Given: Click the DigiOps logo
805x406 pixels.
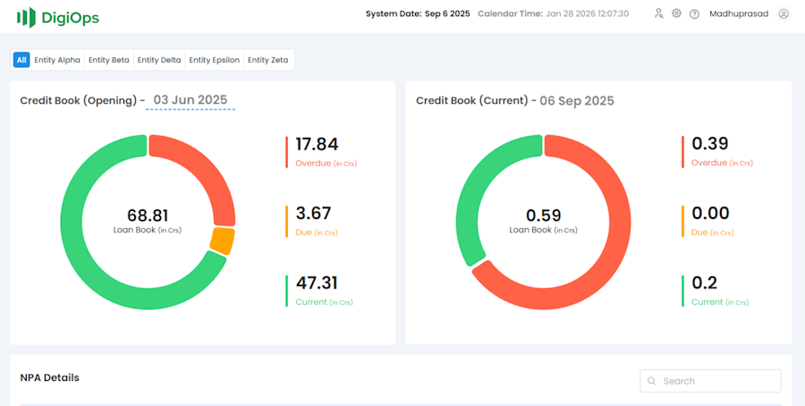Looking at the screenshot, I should tap(58, 17).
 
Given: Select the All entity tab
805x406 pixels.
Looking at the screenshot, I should tap(21, 60).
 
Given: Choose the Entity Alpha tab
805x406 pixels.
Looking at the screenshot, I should tap(57, 60).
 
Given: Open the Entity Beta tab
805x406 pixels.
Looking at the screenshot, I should tap(109, 60).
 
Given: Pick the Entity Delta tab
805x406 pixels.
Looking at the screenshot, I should tap(159, 60).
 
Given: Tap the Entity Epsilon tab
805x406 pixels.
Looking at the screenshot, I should tap(215, 60).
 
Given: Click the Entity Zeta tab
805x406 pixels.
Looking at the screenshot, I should tap(268, 60).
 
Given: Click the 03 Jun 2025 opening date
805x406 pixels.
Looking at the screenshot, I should tap(191, 100).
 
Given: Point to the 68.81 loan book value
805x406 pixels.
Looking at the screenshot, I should tap(148, 216).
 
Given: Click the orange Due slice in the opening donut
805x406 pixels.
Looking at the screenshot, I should tap(223, 241).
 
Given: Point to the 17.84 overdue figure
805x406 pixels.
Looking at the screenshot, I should tap(317, 144).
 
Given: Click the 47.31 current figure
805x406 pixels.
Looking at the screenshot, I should tap(317, 283).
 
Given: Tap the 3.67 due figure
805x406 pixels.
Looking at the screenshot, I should tap(313, 213).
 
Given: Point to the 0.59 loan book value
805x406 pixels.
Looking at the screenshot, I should tap(543, 216).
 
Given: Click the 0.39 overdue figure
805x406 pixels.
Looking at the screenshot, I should tap(710, 144).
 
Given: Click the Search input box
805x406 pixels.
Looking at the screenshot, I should tap(710, 381).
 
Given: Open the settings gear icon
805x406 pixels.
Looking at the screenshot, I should tap(676, 13).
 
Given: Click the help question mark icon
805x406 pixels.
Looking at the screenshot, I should tap(694, 13).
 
